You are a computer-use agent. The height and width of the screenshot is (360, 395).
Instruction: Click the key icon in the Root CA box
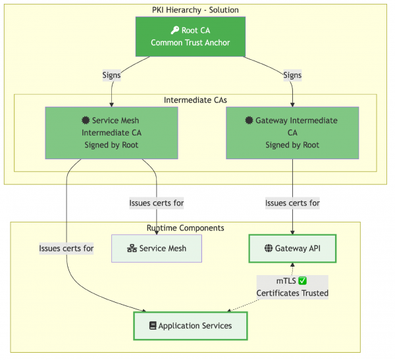coord(174,30)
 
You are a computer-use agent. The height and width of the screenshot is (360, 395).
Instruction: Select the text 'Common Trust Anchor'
coord(190,43)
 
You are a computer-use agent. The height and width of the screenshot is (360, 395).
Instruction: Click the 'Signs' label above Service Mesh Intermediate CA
coord(111,75)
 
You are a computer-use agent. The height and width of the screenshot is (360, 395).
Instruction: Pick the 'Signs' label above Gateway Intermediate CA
coord(292,75)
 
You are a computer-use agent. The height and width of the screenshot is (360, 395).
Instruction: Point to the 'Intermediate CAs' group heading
coord(195,100)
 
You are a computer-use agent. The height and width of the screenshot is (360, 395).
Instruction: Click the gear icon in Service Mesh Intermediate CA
coord(86,120)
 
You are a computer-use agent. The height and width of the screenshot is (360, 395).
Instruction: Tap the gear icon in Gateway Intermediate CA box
coord(249,120)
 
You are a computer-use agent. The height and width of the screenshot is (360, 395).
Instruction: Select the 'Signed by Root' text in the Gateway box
coord(292,145)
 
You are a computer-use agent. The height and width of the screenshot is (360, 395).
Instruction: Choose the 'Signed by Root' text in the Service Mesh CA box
coord(111,145)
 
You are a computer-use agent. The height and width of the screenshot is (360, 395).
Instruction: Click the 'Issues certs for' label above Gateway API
coord(292,203)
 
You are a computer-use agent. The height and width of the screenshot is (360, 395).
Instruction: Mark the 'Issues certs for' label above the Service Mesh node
coord(157,203)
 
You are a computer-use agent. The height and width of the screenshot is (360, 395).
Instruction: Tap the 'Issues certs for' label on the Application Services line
coord(66,248)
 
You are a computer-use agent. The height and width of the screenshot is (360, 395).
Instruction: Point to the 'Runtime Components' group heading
coord(185,228)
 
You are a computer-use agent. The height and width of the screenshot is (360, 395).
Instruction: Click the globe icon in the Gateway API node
coord(269,248)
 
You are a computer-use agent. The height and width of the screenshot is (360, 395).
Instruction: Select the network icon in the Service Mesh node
coord(132,248)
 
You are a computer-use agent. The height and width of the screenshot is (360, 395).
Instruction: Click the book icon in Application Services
coord(153,326)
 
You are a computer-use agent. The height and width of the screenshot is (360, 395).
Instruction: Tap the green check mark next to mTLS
coord(303,280)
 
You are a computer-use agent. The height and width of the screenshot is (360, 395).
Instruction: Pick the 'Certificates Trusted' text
coord(292,293)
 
